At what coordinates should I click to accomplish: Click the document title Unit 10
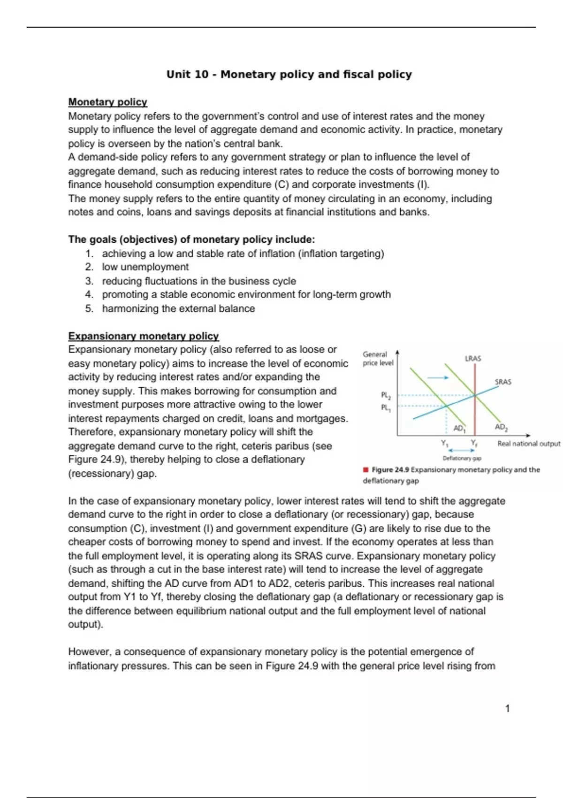click(x=289, y=74)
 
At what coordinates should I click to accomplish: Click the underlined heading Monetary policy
click(x=107, y=102)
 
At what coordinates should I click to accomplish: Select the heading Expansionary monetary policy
click(x=143, y=336)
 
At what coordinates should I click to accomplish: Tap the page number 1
click(x=507, y=709)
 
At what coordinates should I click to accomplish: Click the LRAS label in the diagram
click(x=473, y=359)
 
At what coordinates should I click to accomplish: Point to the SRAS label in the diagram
click(x=503, y=382)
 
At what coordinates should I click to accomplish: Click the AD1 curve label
click(x=459, y=428)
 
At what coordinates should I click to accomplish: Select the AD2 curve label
click(x=501, y=427)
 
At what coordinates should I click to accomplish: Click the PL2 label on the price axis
click(x=386, y=395)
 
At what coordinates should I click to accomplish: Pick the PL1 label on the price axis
click(x=386, y=407)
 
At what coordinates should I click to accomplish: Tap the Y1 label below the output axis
click(x=445, y=443)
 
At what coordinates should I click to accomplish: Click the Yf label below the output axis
click(x=474, y=443)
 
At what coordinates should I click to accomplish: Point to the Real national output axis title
click(x=529, y=444)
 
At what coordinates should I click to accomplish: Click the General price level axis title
click(x=377, y=359)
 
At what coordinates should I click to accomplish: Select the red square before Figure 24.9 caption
click(x=365, y=469)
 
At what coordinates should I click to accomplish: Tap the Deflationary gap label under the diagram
click(x=462, y=458)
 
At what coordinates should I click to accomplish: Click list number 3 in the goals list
click(x=89, y=281)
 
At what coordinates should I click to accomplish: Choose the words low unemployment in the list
click(x=145, y=267)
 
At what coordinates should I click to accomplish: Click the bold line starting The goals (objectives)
click(x=191, y=239)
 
